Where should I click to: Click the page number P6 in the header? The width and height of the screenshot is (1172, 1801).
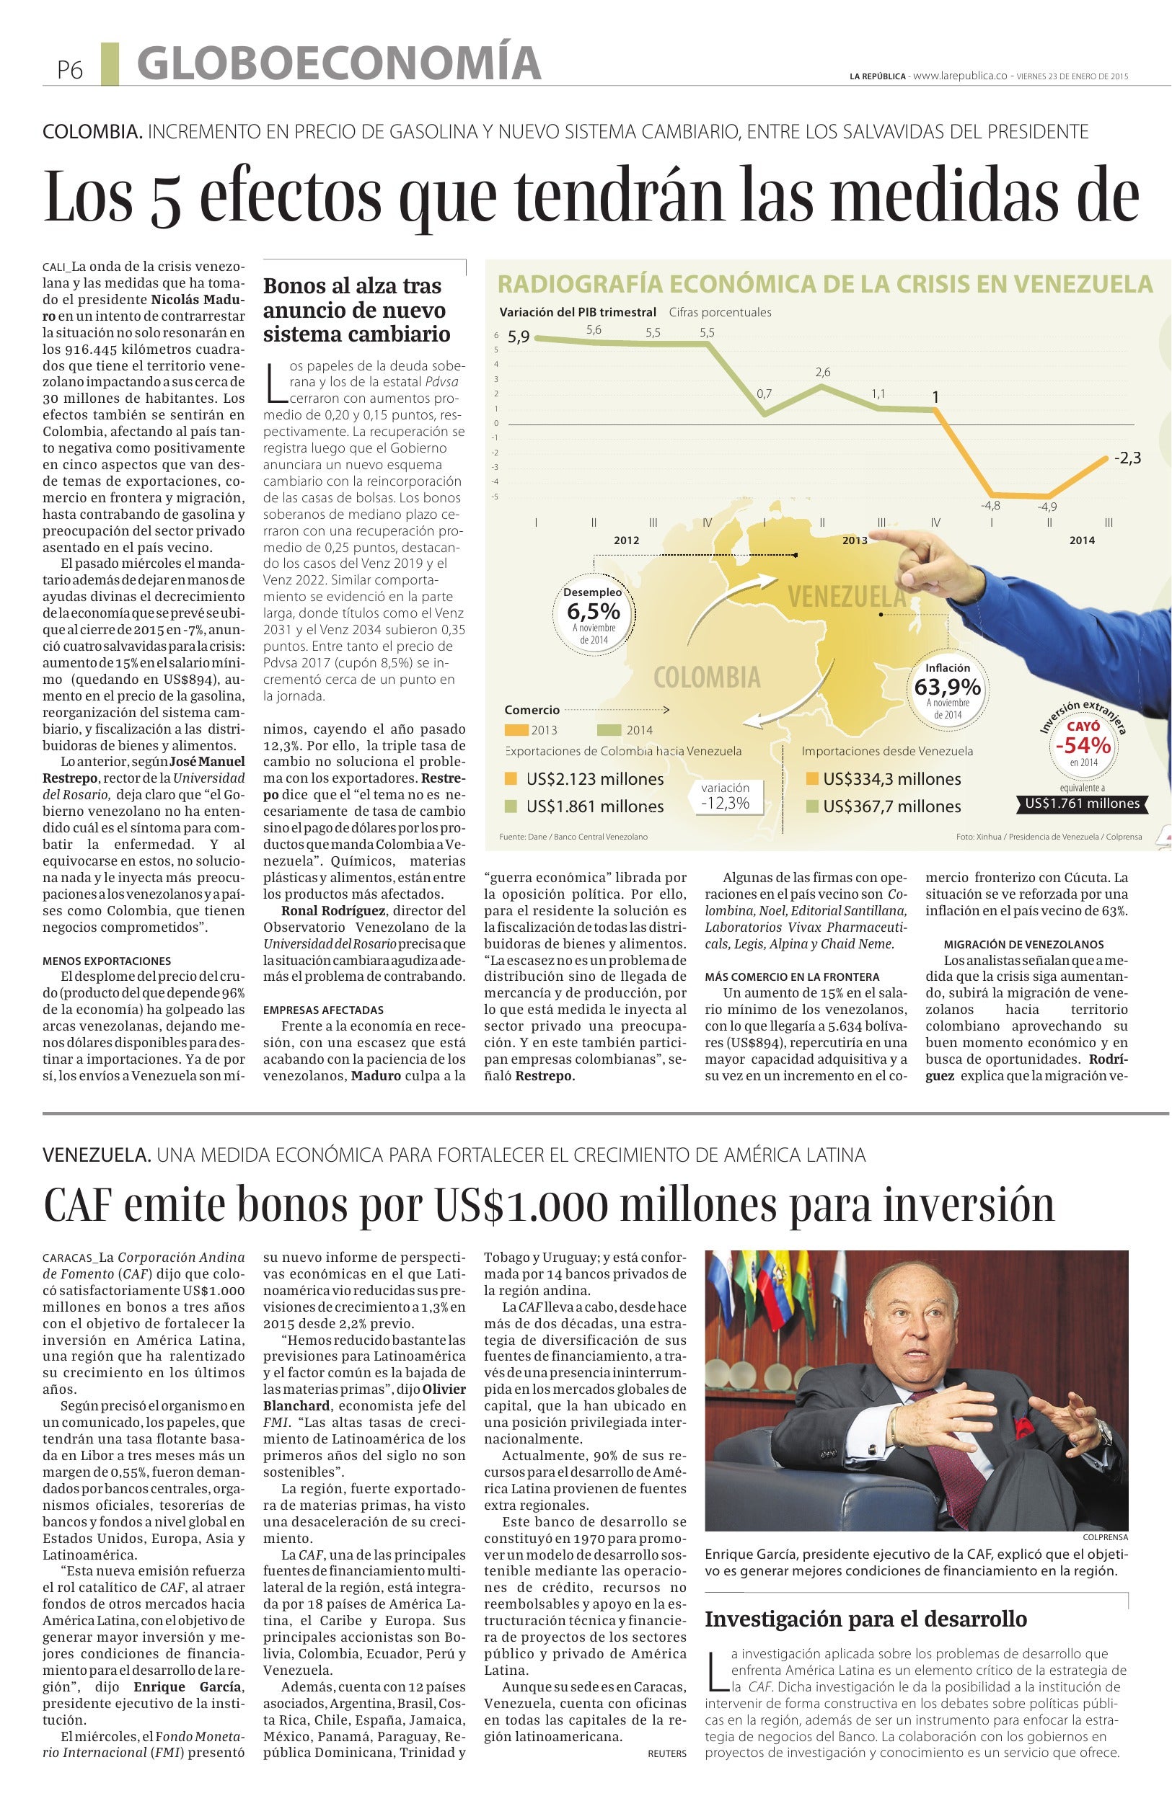pos(70,71)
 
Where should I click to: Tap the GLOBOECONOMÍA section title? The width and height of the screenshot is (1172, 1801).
pos(338,63)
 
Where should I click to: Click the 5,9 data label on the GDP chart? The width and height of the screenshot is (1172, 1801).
pos(519,337)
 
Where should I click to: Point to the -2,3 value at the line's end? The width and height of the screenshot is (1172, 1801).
pos(1127,458)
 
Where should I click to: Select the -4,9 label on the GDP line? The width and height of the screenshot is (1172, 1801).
pos(1048,507)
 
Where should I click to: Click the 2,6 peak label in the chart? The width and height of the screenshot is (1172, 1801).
pos(823,373)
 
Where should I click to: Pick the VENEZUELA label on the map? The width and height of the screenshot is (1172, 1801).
pos(847,597)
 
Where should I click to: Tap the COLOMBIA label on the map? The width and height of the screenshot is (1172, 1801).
pos(707,677)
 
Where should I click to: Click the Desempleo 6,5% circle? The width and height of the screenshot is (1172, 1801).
pos(594,615)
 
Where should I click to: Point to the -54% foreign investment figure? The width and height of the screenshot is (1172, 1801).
pos(1083,745)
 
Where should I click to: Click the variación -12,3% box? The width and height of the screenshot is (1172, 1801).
pos(726,796)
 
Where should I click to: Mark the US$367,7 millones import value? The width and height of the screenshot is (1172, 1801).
pos(892,806)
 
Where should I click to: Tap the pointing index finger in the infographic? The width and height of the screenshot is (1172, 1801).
pos(894,540)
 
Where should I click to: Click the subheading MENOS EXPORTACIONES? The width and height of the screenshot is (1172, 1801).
pos(107,961)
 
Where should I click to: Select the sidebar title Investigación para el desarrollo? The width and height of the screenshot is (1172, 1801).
pos(865,1619)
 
